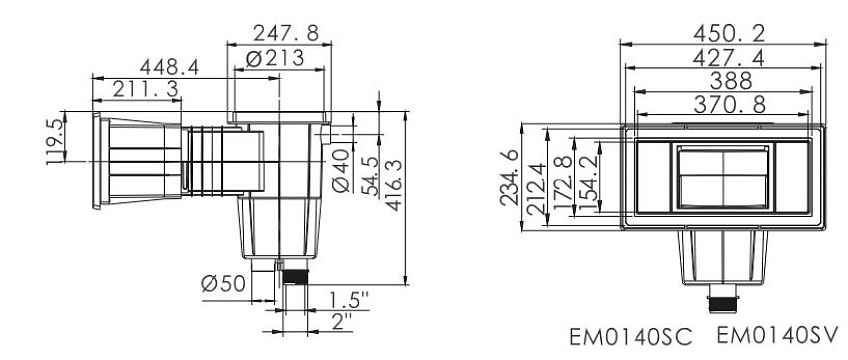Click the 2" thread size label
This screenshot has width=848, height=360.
[343, 322]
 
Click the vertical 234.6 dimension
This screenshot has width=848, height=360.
[509, 178]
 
